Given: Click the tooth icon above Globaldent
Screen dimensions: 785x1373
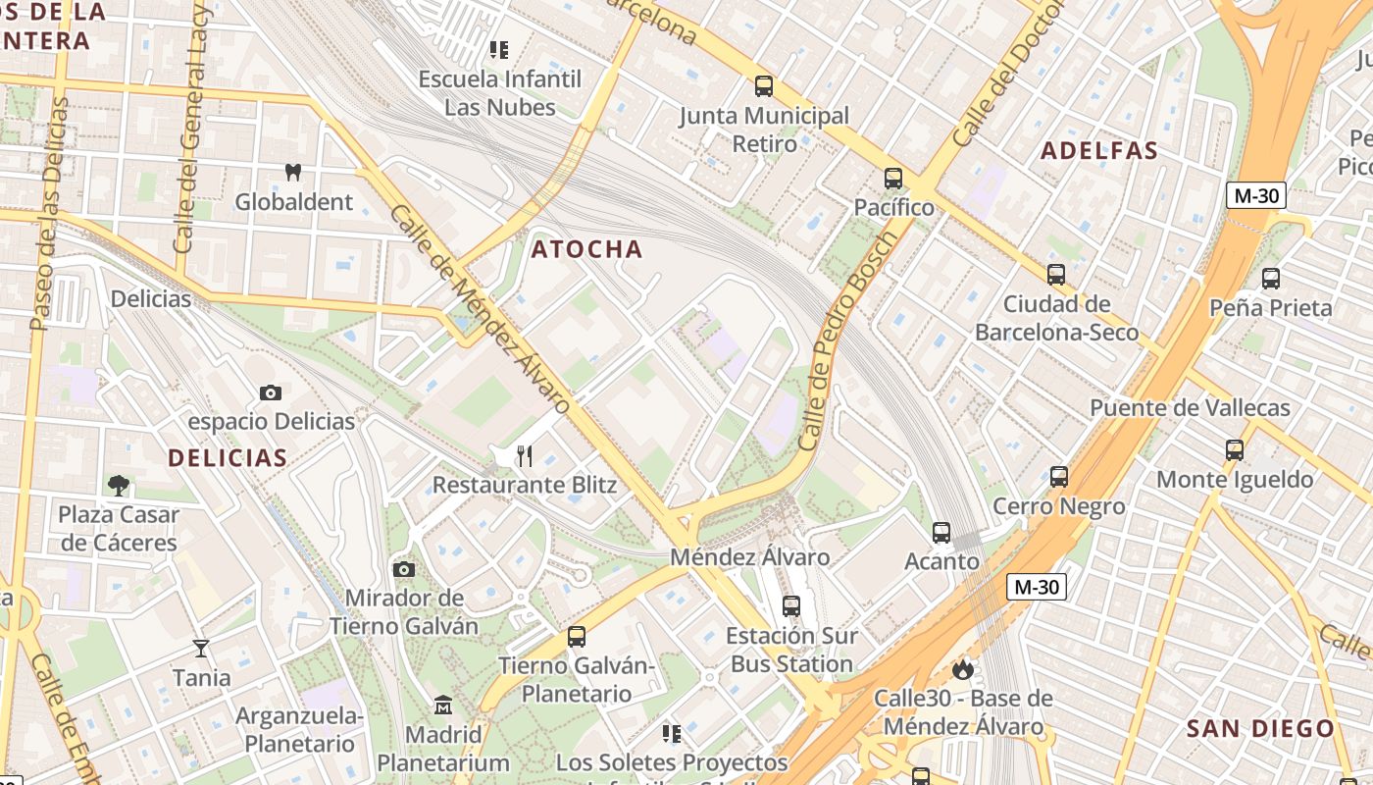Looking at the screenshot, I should [x=291, y=172].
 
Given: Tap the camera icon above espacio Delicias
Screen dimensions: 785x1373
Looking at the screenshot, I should [x=271, y=392].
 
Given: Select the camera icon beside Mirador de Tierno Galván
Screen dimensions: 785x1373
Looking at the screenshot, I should [x=403, y=569].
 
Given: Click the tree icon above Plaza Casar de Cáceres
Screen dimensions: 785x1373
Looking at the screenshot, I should [x=119, y=485].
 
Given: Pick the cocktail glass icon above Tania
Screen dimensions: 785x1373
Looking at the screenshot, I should [x=201, y=648].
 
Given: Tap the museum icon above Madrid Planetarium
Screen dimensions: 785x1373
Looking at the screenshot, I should [x=442, y=705].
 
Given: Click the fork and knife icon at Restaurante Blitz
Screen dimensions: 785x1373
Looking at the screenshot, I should [x=525, y=455].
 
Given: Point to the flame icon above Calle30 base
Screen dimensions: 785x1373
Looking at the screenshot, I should [x=962, y=669].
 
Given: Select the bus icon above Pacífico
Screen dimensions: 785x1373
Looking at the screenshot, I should [x=893, y=178].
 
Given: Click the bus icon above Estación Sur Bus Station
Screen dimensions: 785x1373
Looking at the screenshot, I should [x=791, y=605].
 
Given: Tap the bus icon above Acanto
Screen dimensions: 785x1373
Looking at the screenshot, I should [x=941, y=532].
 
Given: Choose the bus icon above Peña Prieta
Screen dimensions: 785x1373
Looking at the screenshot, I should [x=1271, y=278].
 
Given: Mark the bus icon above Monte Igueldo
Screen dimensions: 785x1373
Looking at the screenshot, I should [x=1234, y=450].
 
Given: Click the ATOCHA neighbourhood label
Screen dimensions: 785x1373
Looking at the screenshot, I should [x=587, y=249].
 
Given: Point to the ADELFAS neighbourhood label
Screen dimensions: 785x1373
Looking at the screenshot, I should [x=1099, y=150].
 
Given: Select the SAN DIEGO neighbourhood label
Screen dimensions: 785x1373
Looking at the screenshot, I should [x=1260, y=728].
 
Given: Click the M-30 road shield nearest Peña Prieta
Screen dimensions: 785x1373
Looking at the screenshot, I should [x=1255, y=195].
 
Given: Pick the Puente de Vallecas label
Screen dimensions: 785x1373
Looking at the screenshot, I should [x=1190, y=408].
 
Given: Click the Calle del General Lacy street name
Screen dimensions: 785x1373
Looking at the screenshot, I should [x=191, y=128].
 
